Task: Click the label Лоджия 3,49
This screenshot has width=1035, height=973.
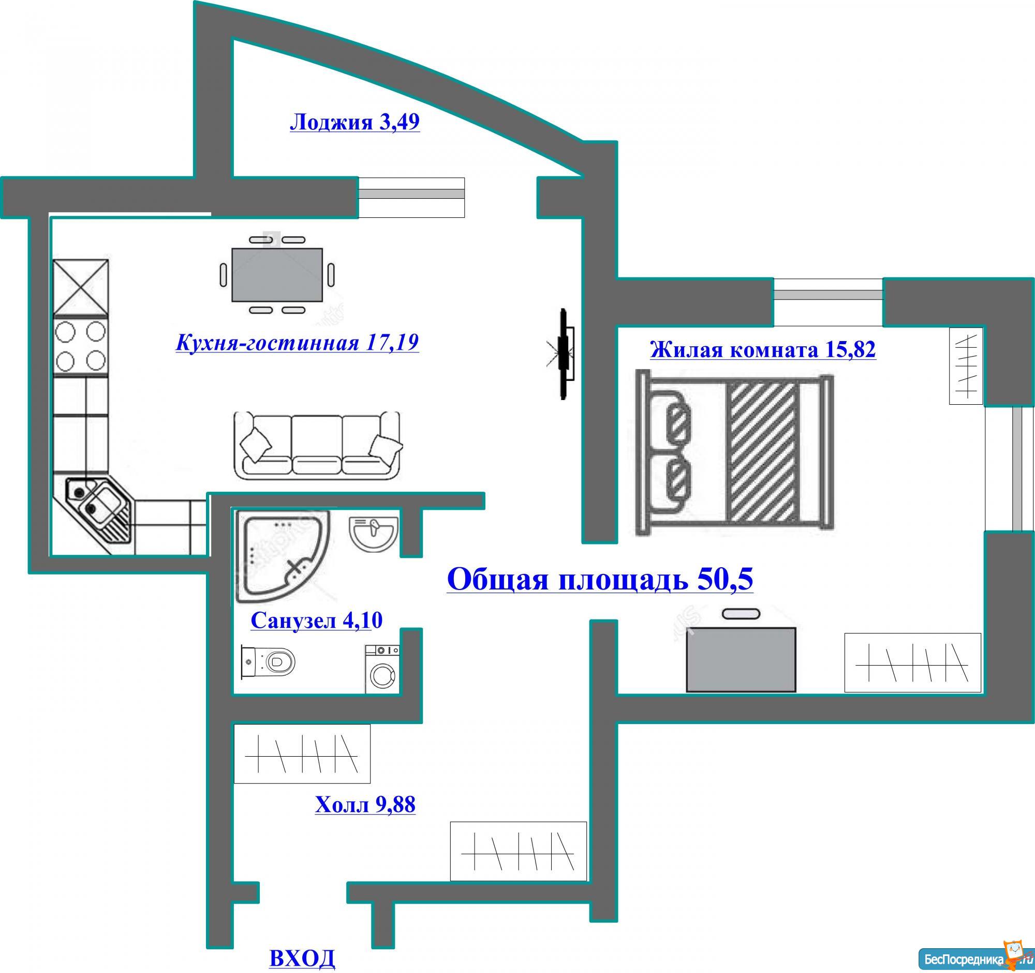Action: [354, 123]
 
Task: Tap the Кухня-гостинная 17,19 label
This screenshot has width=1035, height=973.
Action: [297, 343]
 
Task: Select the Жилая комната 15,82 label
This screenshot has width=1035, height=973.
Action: [763, 349]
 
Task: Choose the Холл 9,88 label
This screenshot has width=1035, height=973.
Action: [365, 805]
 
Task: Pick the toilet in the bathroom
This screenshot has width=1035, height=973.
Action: [268, 661]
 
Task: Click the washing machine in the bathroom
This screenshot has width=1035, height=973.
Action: [382, 669]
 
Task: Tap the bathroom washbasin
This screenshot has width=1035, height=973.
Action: [373, 534]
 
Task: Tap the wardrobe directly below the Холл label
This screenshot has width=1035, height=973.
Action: [518, 851]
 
